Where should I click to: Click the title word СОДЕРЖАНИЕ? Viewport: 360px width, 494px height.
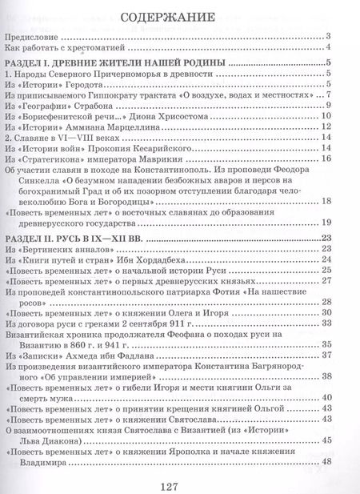point(181,17)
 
